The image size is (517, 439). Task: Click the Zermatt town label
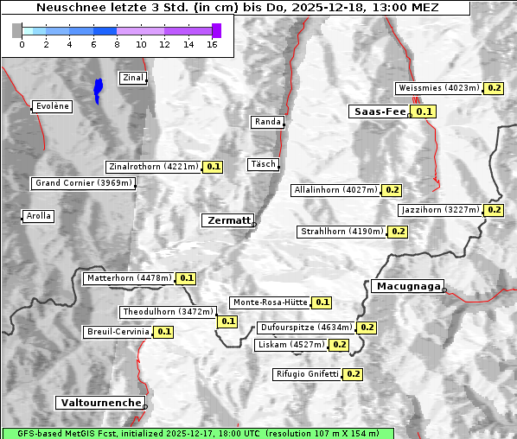pyautogui.click(x=228, y=220)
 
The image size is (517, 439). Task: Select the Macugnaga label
pyautogui.click(x=407, y=286)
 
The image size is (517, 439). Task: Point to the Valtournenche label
pyautogui.click(x=100, y=403)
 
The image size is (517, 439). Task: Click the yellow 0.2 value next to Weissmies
pyautogui.click(x=495, y=88)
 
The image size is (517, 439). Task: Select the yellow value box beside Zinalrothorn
pyautogui.click(x=214, y=167)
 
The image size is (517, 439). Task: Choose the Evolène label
pyautogui.click(x=52, y=106)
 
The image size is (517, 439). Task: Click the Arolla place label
pyautogui.click(x=39, y=216)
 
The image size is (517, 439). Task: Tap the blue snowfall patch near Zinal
pyautogui.click(x=99, y=89)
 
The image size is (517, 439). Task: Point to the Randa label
pyautogui.click(x=268, y=122)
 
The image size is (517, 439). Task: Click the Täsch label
pyautogui.click(x=262, y=164)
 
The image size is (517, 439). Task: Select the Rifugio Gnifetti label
pyautogui.click(x=307, y=374)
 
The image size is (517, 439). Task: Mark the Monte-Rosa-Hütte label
pyautogui.click(x=270, y=302)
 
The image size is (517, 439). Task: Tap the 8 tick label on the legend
pyautogui.click(x=117, y=45)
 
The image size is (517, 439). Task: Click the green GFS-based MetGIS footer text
pyautogui.click(x=198, y=433)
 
